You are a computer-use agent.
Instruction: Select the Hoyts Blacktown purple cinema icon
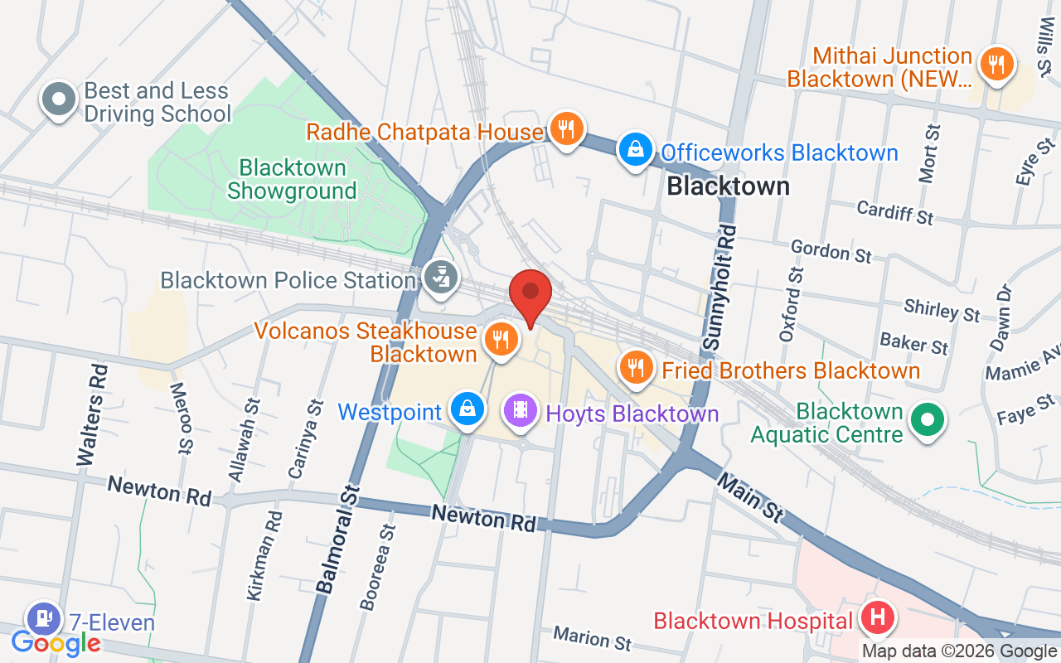[521, 409]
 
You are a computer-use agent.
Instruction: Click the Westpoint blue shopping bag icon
[468, 409]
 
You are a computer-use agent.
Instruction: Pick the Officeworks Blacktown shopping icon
[634, 150]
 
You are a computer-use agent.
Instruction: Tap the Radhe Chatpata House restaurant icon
[565, 129]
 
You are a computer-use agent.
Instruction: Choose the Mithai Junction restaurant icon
[996, 63]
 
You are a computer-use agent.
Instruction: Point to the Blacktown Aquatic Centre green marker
[928, 419]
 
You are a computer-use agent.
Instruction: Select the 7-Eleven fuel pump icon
[43, 617]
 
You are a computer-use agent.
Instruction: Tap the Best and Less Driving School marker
[59, 100]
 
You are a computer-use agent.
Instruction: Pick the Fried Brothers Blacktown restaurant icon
[636, 366]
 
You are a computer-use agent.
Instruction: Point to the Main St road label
[750, 496]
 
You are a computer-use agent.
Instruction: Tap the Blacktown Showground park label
[292, 179]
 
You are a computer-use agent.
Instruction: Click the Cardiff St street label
[895, 212]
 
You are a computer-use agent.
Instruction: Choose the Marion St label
[592, 637]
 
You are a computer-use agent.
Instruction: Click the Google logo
[56, 642]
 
